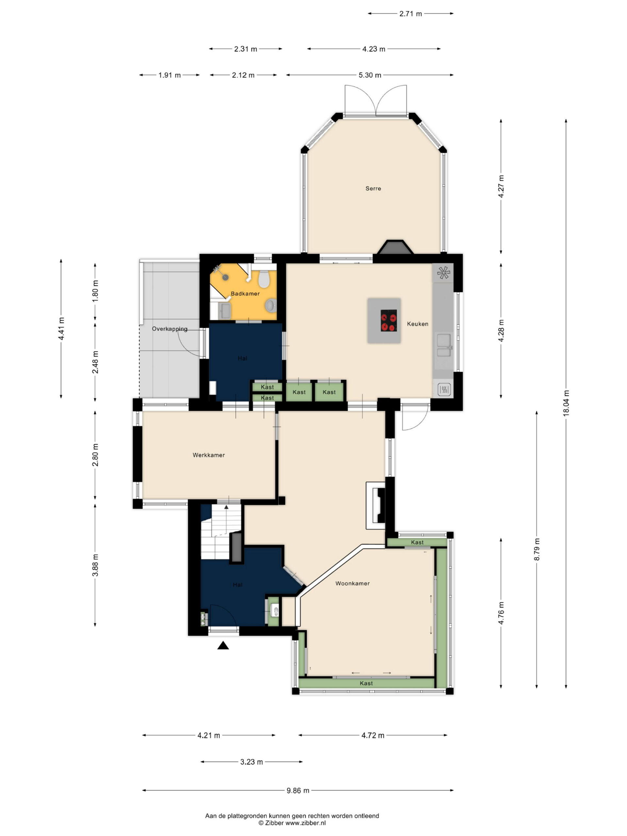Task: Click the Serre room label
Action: tap(373, 188)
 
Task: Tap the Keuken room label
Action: tap(418, 324)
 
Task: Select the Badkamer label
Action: tap(245, 293)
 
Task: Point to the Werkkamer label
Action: tap(209, 455)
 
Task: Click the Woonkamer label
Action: tap(353, 583)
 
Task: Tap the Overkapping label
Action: tap(170, 329)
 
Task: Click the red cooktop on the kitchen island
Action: tap(389, 320)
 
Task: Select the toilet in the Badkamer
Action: tap(264, 279)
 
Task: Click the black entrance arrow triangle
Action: tap(223, 646)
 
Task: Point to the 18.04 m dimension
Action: tap(566, 403)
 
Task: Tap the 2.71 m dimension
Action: tap(410, 14)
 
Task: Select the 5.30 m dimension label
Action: tap(370, 75)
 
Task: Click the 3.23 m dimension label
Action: tap(251, 762)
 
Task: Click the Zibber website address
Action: tap(305, 823)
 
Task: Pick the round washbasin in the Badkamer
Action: tap(271, 305)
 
